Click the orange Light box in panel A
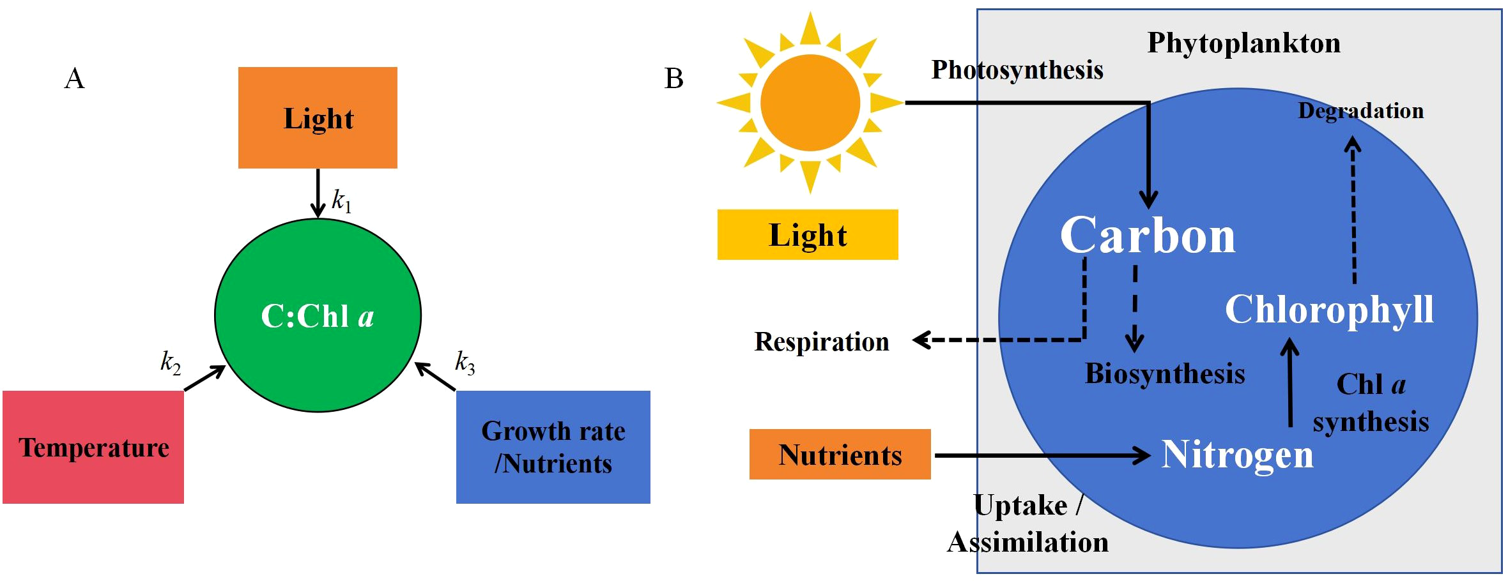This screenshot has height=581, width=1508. (x=318, y=118)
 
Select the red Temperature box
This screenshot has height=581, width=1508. (x=93, y=447)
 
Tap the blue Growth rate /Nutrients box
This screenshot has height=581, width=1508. (x=553, y=447)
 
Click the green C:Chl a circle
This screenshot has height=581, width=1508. (x=318, y=315)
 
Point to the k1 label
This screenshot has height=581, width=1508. (x=341, y=200)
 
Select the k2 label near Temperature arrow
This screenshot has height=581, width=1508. (x=170, y=362)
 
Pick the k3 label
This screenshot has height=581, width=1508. (x=465, y=362)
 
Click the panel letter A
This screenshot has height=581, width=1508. (x=74, y=79)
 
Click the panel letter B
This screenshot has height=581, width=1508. (x=673, y=79)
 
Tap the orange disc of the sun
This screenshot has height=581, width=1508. (x=810, y=102)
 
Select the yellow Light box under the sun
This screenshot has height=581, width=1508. (x=807, y=235)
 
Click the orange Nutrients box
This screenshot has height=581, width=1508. (x=840, y=455)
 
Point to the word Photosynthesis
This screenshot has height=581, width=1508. (x=1017, y=70)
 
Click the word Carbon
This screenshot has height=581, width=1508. (x=1148, y=236)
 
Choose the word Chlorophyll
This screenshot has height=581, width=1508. (x=1329, y=310)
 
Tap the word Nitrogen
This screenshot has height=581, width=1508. (x=1237, y=455)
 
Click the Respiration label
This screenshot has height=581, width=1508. (x=821, y=342)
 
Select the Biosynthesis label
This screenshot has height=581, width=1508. (x=1164, y=373)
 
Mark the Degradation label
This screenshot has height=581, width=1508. (x=1360, y=110)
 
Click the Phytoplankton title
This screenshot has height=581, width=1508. (x=1243, y=43)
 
